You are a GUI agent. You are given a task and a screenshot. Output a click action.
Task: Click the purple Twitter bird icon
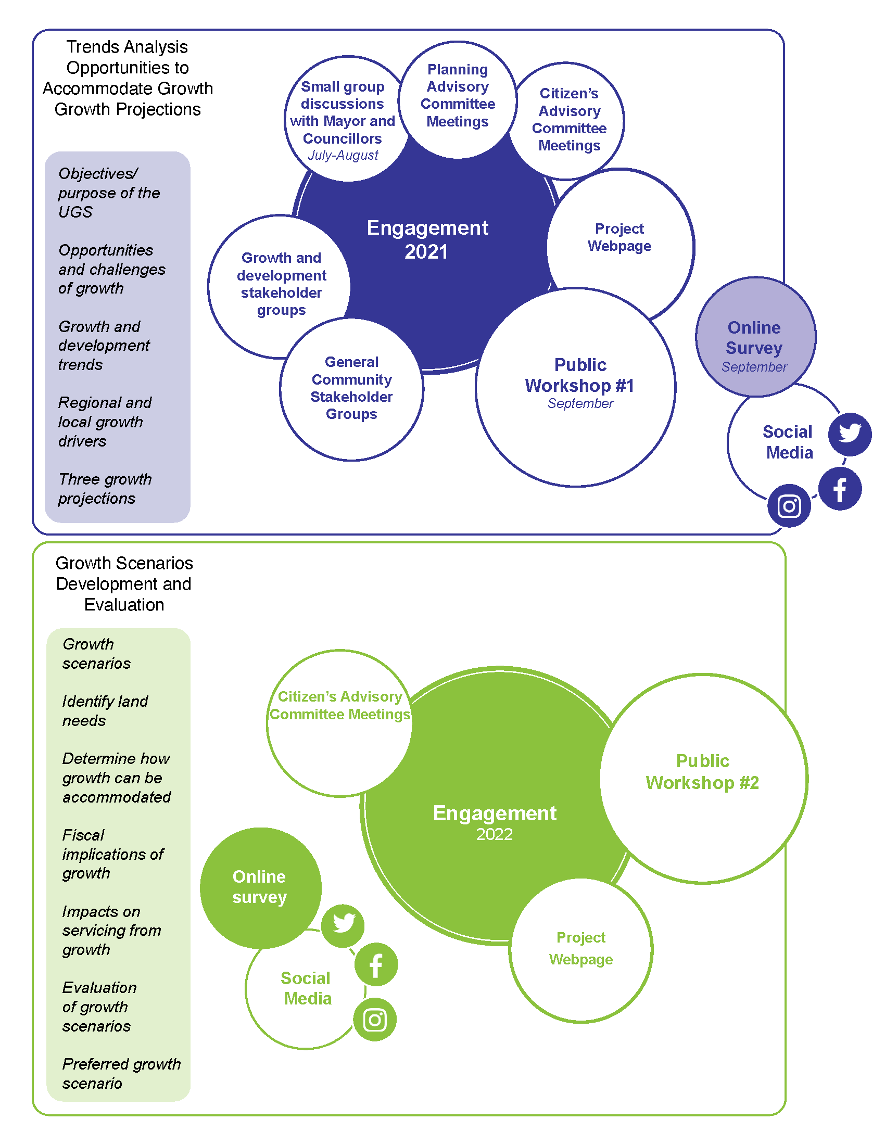pos(850,434)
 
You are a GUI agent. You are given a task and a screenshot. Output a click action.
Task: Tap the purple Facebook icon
pos(840,489)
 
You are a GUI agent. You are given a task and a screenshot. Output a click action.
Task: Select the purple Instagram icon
pos(789,506)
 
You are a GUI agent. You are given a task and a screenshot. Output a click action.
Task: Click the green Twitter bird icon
pos(343,926)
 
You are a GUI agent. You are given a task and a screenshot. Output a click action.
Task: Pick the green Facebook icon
pos(376,964)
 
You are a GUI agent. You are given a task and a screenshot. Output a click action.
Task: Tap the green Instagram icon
pos(375,1020)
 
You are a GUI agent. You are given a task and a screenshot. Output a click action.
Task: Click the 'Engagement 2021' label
pos(427,239)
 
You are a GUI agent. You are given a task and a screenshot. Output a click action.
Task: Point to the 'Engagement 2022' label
pos(495,822)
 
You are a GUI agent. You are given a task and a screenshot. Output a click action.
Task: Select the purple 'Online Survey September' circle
pos(755,337)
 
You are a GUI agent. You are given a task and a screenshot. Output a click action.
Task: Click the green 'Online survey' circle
pos(261,888)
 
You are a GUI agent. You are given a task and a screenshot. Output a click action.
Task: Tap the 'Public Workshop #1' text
pos(579,375)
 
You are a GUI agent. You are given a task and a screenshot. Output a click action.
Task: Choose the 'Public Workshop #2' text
pos(702,771)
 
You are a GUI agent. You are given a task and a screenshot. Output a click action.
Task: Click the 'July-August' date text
pos(343,155)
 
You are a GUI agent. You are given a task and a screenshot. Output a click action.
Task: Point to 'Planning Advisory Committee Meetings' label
pos(458,95)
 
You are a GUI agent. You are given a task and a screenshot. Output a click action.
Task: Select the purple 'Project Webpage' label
pos(619,237)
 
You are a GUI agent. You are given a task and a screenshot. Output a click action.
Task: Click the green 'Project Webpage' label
pos(581,948)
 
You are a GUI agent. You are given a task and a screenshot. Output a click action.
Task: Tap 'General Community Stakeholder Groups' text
pos(351,388)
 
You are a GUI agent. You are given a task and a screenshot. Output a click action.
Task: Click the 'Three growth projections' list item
pos(105,489)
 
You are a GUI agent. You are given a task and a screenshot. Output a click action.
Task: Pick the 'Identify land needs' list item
pos(105,711)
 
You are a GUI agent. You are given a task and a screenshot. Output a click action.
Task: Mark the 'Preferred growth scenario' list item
pos(121,1073)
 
